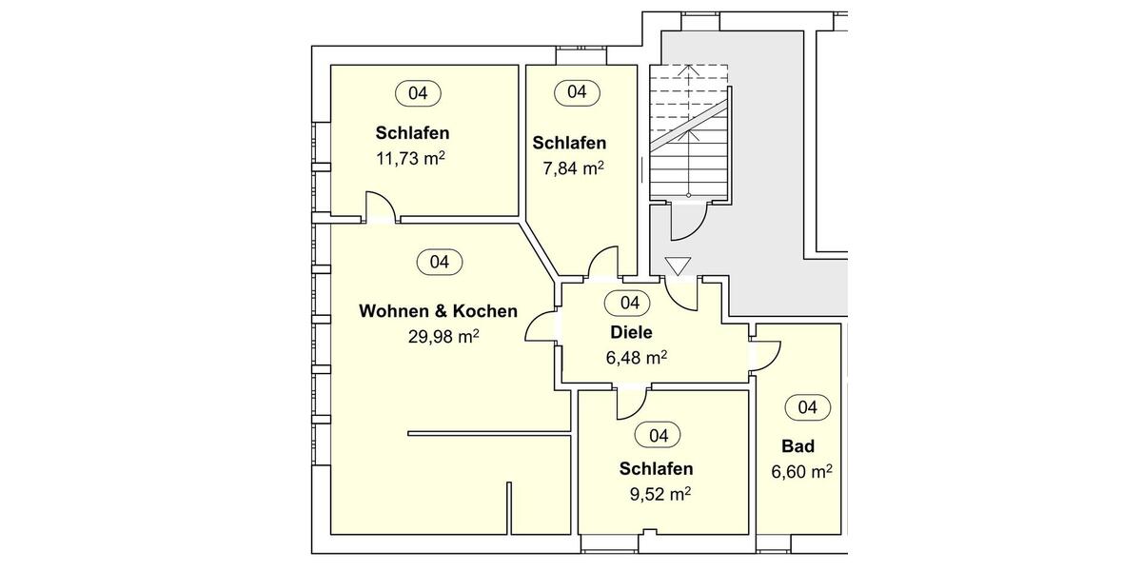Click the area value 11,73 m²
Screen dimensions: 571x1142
(x=411, y=158)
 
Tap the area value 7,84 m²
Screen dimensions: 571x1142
(x=568, y=168)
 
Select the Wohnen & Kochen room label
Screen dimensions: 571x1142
(x=438, y=311)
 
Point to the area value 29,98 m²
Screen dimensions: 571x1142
(x=442, y=336)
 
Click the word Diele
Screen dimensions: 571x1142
(x=631, y=332)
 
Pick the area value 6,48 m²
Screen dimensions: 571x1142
(x=636, y=358)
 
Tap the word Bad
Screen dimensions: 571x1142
(x=797, y=446)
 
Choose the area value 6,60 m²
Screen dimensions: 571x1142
(x=802, y=471)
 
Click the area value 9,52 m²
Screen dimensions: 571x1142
(x=660, y=494)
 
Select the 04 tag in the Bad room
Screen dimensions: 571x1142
(x=807, y=407)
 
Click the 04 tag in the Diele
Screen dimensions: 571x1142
(x=629, y=303)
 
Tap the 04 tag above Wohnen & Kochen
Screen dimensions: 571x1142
(x=439, y=262)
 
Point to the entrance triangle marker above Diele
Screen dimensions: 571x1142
(x=678, y=267)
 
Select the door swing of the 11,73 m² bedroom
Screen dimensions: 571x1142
(x=378, y=207)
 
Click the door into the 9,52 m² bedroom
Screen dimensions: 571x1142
(x=631, y=403)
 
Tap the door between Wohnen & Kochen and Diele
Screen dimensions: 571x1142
(x=543, y=328)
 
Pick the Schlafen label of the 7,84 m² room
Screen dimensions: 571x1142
(x=569, y=143)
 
